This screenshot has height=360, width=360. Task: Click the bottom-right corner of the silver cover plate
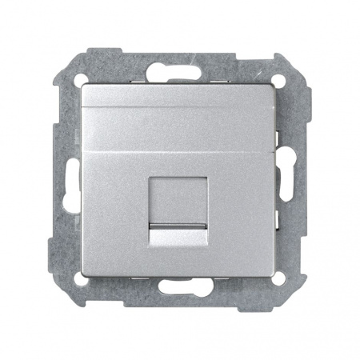pos(277,276)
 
